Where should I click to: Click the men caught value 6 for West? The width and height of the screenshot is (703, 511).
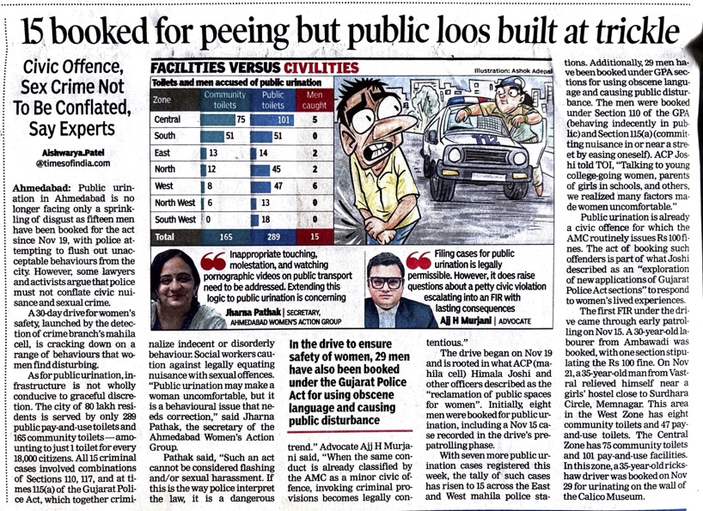[x=315, y=186]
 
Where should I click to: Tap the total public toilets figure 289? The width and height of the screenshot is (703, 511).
[x=272, y=234]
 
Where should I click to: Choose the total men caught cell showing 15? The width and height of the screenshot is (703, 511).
[x=315, y=234]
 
